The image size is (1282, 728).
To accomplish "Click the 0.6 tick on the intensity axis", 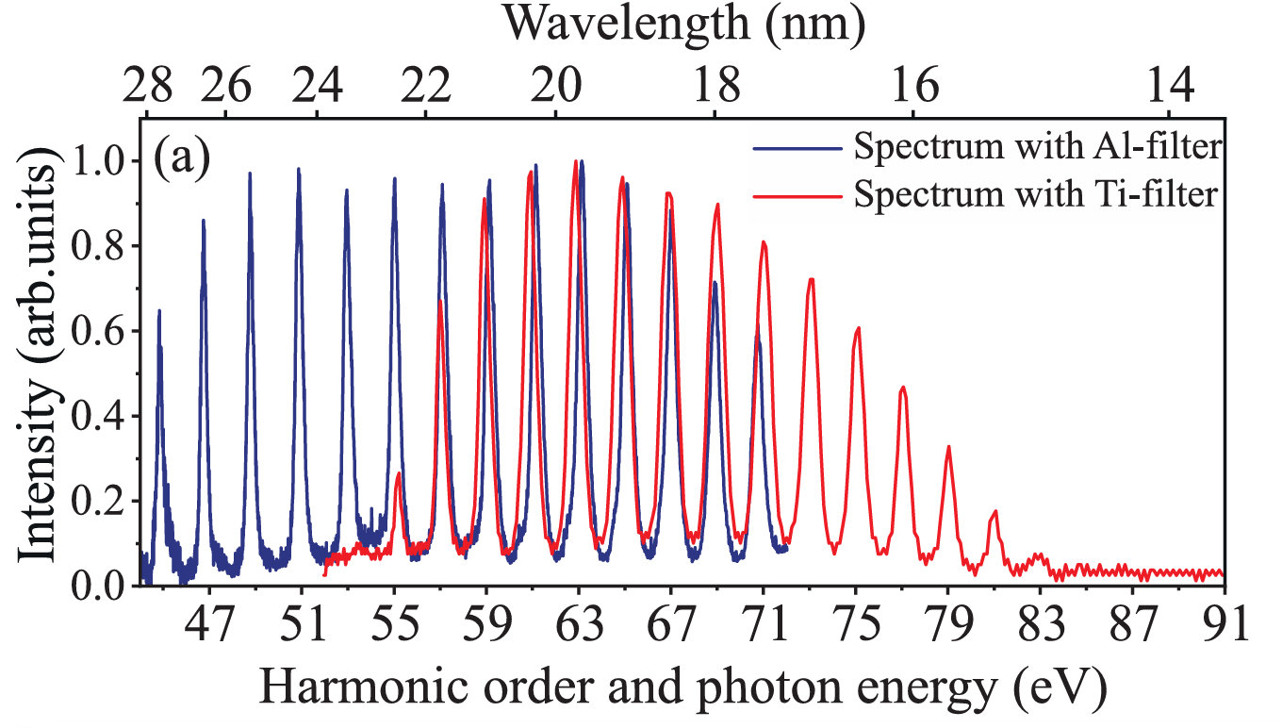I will coord(101,331).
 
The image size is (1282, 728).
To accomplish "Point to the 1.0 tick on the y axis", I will coord(101,161).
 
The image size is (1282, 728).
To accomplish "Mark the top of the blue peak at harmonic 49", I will coord(251,174).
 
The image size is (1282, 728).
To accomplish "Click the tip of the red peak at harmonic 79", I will coord(948,446).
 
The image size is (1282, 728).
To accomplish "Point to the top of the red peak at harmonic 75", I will coord(858,328).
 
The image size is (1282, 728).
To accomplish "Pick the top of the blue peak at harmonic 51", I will coord(299,170).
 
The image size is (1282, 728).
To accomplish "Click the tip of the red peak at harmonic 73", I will coord(811,279).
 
